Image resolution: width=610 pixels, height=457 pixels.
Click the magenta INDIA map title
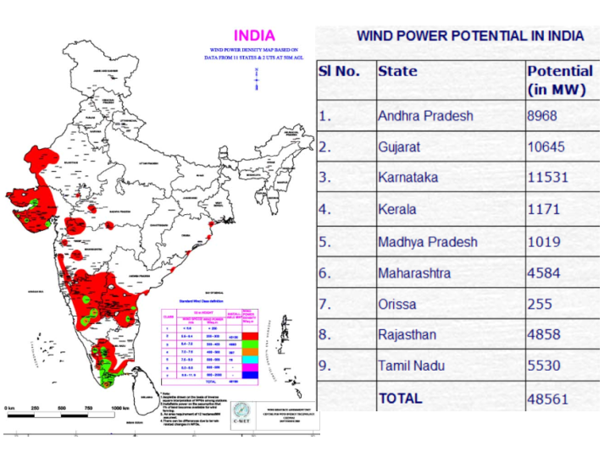click(x=254, y=36)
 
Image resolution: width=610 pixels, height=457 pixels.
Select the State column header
click(x=397, y=71)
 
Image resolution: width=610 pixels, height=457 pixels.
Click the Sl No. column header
click(x=339, y=71)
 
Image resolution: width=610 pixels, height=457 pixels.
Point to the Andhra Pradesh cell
click(x=425, y=115)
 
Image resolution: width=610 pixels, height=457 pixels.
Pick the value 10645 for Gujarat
click(x=546, y=147)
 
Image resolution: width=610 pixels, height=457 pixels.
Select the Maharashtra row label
click(x=415, y=273)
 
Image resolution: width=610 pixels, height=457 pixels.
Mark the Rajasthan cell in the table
click(x=408, y=335)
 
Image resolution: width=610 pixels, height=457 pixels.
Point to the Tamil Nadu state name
click(x=411, y=366)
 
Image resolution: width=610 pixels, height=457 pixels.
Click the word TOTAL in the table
click(x=400, y=399)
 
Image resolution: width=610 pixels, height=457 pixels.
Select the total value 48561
click(x=547, y=399)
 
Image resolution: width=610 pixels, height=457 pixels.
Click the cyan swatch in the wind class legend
click(x=250, y=359)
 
